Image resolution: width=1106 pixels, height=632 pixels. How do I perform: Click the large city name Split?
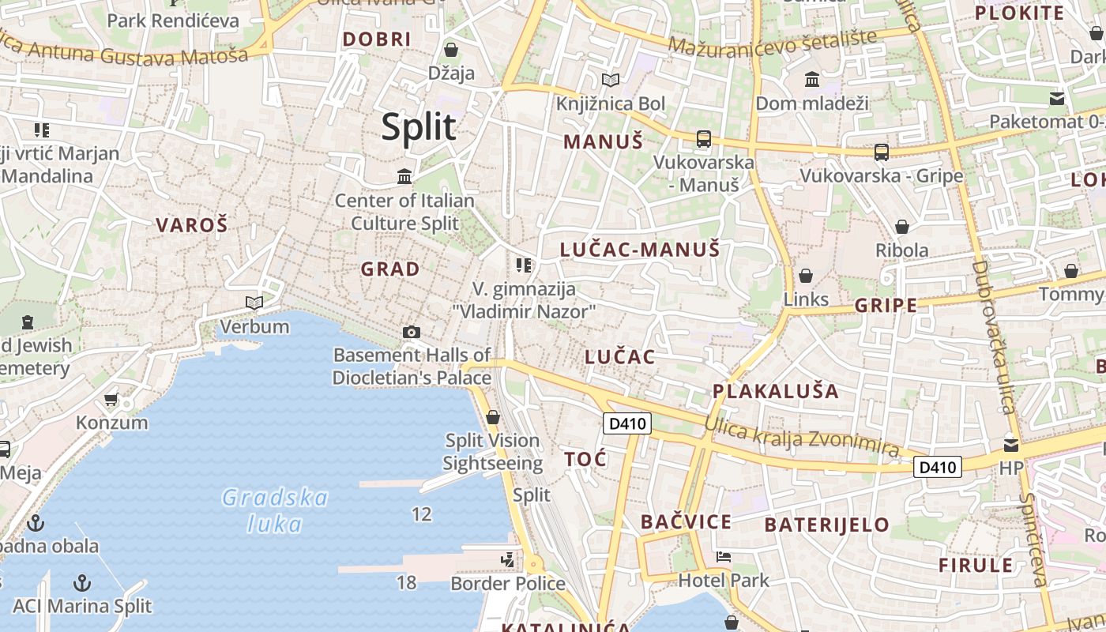[419, 126]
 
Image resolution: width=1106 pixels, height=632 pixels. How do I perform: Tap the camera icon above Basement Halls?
[411, 332]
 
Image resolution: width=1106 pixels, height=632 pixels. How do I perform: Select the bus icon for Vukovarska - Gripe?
[882, 152]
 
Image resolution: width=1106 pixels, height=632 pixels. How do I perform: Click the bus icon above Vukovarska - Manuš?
[703, 139]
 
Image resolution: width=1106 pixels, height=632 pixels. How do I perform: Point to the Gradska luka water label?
[275, 510]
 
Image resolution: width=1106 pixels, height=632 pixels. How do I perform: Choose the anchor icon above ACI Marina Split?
[81, 583]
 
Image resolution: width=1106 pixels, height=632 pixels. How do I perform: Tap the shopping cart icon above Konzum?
[111, 400]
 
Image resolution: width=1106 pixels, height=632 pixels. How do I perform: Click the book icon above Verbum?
[254, 303]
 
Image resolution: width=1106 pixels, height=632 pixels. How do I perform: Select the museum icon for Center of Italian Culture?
[404, 176]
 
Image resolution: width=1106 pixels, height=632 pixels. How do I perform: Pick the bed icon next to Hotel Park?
[723, 557]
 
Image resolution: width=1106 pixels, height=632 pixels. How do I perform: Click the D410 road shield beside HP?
[938, 467]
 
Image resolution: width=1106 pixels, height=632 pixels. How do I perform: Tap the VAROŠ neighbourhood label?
[191, 225]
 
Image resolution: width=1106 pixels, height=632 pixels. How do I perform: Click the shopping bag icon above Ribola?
[902, 228]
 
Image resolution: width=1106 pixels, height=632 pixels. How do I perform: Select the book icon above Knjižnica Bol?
[610, 80]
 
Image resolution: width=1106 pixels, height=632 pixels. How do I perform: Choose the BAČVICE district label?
[686, 521]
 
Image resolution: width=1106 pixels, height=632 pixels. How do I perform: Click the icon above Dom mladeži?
[811, 80]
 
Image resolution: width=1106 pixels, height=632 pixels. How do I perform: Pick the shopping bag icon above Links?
[806, 276]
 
